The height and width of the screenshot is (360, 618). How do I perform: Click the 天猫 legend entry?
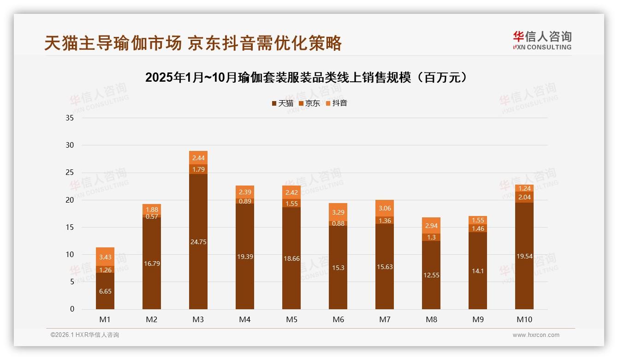[x=282, y=103]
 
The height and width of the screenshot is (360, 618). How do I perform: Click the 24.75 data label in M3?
[x=198, y=241]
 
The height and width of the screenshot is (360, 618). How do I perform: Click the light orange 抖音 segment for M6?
[x=338, y=212]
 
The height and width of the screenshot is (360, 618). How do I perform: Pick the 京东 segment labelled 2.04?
[x=524, y=197]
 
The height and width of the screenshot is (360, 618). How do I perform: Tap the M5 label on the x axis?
[x=291, y=319]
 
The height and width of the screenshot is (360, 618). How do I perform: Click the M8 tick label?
[x=431, y=319]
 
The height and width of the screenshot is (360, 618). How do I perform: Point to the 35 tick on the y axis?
[x=70, y=118]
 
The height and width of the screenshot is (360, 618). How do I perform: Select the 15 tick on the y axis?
[x=70, y=227]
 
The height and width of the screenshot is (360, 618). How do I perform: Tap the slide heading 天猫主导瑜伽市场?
[x=193, y=43]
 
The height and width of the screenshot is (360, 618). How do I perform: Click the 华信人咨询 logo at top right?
[x=542, y=40]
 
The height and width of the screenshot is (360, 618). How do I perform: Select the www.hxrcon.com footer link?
[x=536, y=335]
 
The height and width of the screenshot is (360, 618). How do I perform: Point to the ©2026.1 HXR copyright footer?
[x=85, y=335]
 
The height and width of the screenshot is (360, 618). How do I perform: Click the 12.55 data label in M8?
[x=431, y=275]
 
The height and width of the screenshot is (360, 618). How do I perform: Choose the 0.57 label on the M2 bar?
[x=152, y=217]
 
